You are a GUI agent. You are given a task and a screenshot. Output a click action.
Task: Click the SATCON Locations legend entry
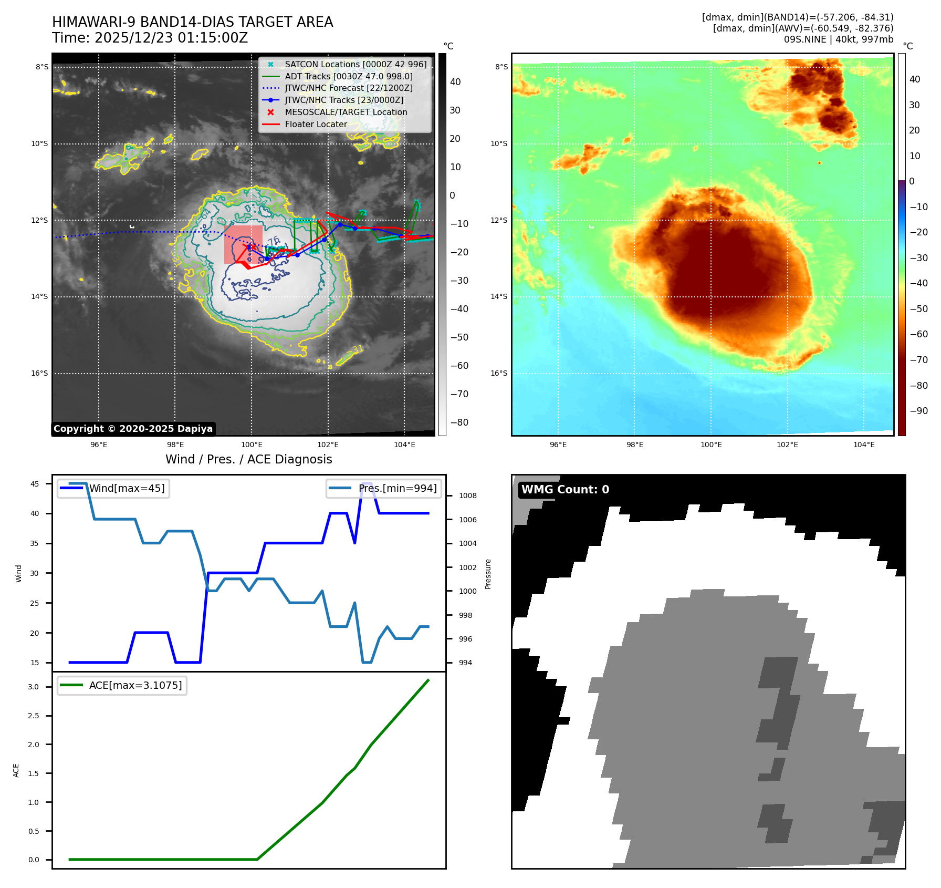[x=356, y=64]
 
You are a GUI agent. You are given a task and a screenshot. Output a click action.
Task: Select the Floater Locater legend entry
[x=316, y=124]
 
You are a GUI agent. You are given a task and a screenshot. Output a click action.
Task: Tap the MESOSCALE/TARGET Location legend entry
[x=346, y=112]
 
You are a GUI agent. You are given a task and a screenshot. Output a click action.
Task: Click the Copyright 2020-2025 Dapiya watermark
[x=133, y=429]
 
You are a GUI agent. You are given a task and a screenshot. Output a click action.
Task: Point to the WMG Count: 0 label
[x=565, y=490]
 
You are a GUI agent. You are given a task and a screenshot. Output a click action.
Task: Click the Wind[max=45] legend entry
[x=127, y=488]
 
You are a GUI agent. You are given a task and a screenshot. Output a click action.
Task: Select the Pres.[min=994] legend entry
[x=397, y=488]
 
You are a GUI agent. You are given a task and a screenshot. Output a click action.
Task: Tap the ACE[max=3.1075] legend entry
[x=135, y=685]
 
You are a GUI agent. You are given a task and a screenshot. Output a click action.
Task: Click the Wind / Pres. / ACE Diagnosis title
[x=249, y=459]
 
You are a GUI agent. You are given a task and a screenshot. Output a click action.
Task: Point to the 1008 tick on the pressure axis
[x=467, y=495]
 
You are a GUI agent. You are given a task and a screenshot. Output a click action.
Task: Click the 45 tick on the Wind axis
[x=35, y=484]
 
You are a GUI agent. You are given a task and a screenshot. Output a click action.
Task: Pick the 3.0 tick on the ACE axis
[x=34, y=687]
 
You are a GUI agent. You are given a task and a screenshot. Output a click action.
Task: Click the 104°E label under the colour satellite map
[x=864, y=445]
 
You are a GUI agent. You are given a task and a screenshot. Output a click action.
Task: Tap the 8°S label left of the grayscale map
[x=42, y=67]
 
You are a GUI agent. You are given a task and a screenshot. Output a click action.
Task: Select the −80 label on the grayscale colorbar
[x=459, y=422]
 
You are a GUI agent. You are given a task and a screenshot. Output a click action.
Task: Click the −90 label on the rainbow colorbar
[x=918, y=411]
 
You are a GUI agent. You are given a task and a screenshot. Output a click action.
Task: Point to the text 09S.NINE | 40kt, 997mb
[x=838, y=39]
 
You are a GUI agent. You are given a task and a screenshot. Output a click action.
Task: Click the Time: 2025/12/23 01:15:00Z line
[x=150, y=38]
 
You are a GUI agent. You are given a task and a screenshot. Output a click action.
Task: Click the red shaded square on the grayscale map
[x=243, y=244]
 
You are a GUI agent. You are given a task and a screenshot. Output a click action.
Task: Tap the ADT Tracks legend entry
[x=349, y=76]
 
